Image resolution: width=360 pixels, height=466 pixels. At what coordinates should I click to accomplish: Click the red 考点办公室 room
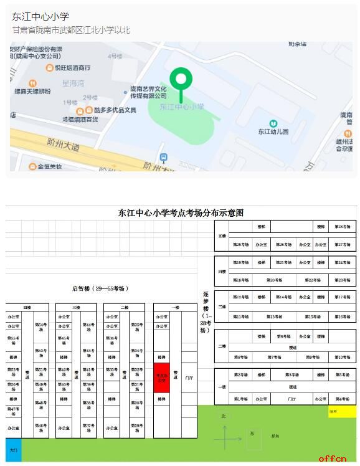pos(162,376)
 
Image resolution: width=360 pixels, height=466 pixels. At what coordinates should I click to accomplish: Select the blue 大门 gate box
pos(14,449)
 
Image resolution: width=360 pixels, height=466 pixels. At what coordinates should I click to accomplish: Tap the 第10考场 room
pos(343,357)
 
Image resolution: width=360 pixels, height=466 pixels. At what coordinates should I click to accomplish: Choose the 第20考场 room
pos(275,280)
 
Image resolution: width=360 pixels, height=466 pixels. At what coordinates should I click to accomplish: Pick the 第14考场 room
pos(283,297)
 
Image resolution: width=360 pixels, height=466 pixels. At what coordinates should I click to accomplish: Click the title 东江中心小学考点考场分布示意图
pos(181,213)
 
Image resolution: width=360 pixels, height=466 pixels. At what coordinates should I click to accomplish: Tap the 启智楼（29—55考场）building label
pos(100,288)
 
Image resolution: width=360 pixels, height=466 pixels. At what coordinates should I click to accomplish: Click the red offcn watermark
pos(332,459)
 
